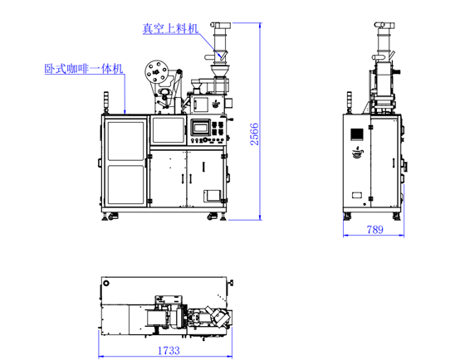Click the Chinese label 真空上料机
169,28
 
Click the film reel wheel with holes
154,71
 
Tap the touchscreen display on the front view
200,128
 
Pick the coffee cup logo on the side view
357,152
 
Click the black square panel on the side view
357,133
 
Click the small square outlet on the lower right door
212,195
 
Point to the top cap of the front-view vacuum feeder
220,25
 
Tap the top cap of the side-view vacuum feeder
384,25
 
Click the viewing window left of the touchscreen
169,129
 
